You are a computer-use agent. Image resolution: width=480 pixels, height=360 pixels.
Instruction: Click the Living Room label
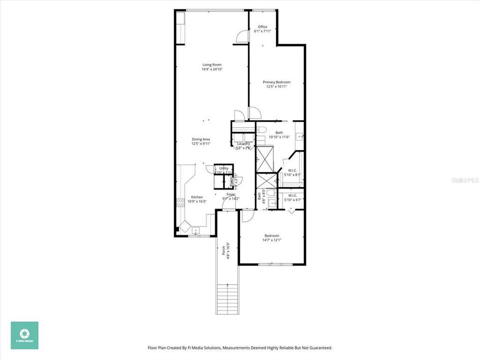[212, 64]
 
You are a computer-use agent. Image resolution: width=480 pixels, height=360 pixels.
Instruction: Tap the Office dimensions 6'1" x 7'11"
[262, 31]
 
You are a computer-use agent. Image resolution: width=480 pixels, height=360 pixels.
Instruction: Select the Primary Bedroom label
[276, 82]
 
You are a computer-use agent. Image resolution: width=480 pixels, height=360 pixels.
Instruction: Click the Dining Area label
[201, 139]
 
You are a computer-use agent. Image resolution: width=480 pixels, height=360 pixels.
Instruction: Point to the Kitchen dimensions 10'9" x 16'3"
[197, 201]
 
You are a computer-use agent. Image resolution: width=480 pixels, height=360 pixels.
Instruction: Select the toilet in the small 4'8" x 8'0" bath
[270, 193]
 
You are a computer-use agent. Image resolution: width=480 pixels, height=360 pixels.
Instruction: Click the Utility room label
[223, 168]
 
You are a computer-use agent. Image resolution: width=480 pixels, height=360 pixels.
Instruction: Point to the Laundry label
[243, 144]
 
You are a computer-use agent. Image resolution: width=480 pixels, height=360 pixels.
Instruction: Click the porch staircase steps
[227, 298]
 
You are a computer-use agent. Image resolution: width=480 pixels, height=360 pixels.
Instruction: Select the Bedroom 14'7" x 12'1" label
[272, 235]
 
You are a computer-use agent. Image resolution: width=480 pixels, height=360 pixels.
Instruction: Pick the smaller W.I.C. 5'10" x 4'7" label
[293, 195]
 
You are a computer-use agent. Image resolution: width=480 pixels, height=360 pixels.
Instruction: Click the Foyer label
[231, 194]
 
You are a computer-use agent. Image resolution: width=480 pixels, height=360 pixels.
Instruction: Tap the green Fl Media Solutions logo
[24, 334]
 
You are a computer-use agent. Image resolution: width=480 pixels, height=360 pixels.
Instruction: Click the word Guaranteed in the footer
[319, 347]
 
